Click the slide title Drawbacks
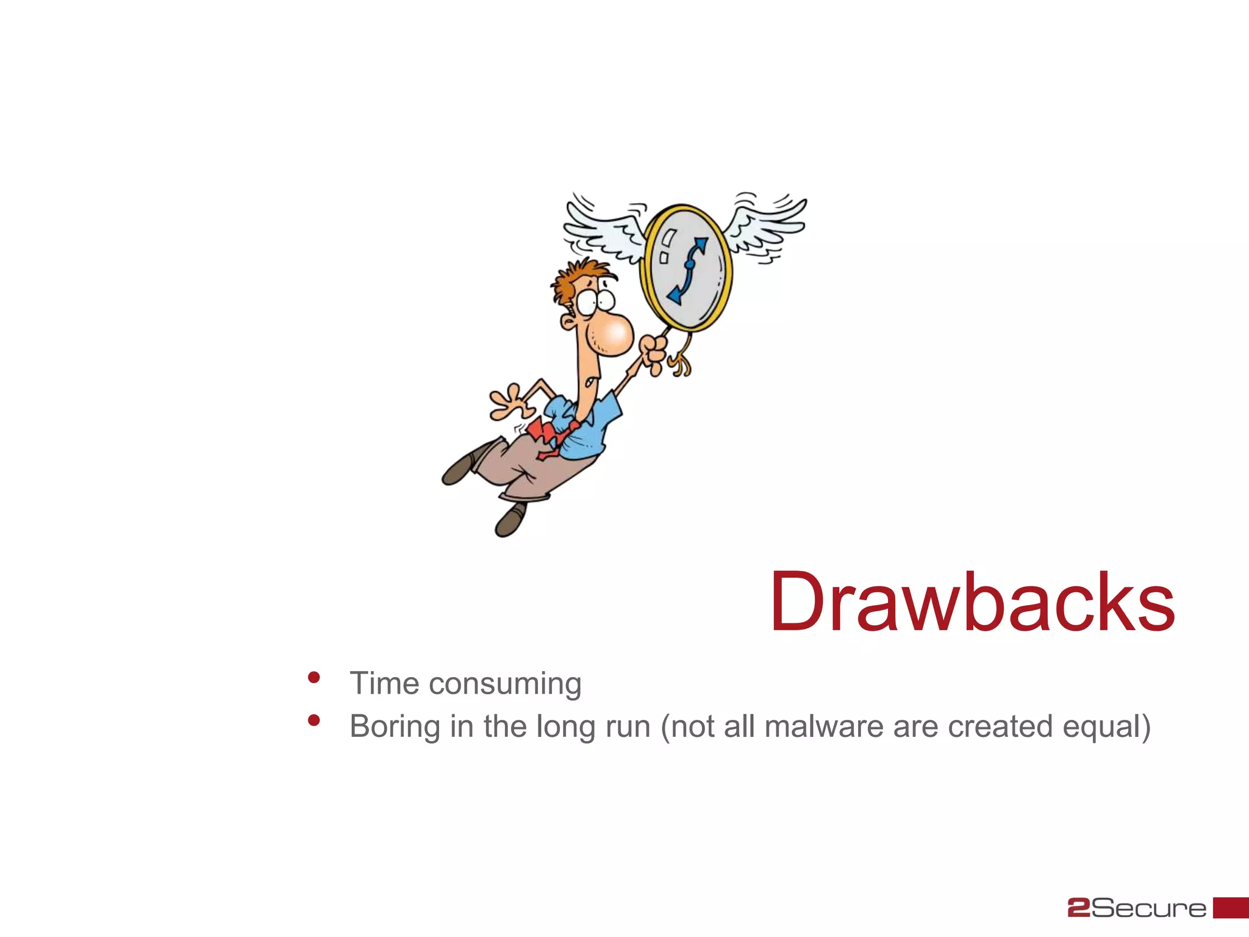tap(972, 603)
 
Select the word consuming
tap(505, 684)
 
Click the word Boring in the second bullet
tap(395, 727)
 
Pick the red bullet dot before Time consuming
tap(314, 677)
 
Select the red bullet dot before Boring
tap(314, 720)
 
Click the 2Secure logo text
tap(1137, 908)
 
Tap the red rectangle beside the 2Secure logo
tap(1230, 907)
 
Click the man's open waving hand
tap(509, 403)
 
